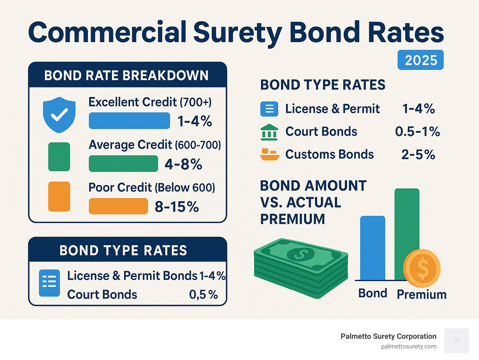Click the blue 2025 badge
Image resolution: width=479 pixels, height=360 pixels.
pyautogui.click(x=420, y=60)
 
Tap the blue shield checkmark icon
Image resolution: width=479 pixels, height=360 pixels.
pyautogui.click(x=59, y=114)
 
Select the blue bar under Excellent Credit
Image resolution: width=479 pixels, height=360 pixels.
pyautogui.click(x=129, y=121)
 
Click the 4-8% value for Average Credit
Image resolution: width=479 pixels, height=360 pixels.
pyautogui.click(x=183, y=164)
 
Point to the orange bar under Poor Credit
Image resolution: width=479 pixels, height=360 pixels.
pyautogui.click(x=118, y=206)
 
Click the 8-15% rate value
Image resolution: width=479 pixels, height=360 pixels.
pyautogui.click(x=177, y=207)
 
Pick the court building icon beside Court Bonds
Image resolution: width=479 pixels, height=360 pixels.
pyautogui.click(x=269, y=132)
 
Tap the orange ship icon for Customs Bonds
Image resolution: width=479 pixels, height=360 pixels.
pyautogui.click(x=269, y=154)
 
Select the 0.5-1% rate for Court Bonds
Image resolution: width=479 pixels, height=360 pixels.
pyautogui.click(x=417, y=132)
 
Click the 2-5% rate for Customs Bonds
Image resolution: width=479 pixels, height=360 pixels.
pyautogui.click(x=418, y=154)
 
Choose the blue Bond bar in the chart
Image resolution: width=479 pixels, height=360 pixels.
pyautogui.click(x=372, y=248)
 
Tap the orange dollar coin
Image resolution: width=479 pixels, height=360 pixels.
pyautogui.click(x=422, y=268)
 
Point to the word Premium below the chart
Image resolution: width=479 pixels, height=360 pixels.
pyautogui.click(x=422, y=294)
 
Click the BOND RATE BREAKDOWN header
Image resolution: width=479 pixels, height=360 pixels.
pyautogui.click(x=127, y=75)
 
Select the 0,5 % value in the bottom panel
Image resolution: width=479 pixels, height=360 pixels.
pyautogui.click(x=203, y=294)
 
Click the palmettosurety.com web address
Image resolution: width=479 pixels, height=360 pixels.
pyautogui.click(x=409, y=346)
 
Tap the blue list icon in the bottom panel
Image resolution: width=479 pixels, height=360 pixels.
pyautogui.click(x=49, y=283)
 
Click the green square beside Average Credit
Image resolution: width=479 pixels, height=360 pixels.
pyautogui.click(x=59, y=157)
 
